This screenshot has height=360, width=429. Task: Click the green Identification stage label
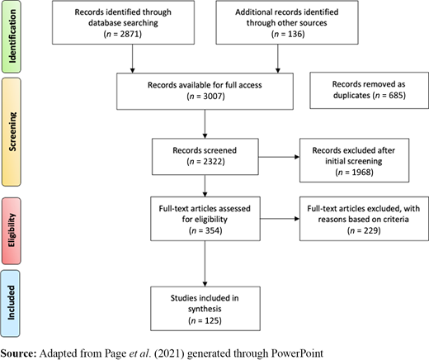click(11, 36)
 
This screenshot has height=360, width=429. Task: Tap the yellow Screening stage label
click(12, 132)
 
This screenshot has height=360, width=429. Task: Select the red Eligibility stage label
click(11, 230)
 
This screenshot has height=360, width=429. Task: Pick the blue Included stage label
click(11, 303)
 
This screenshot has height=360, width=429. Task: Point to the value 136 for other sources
click(295, 34)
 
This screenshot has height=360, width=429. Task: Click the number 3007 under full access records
click(212, 97)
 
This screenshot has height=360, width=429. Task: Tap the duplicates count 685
click(395, 95)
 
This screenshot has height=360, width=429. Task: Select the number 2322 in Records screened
click(212, 161)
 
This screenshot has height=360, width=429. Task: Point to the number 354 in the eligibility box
click(212, 230)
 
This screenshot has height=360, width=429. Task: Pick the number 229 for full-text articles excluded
click(370, 230)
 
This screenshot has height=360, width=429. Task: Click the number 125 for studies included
click(211, 320)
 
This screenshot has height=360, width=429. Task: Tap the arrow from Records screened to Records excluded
click(279, 157)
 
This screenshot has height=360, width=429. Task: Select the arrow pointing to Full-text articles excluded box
click(280, 219)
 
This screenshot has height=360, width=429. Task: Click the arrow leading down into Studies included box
click(205, 263)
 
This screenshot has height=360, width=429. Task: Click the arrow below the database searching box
click(132, 59)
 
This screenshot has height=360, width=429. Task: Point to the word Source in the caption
click(17, 353)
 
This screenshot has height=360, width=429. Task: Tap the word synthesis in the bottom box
click(205, 310)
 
